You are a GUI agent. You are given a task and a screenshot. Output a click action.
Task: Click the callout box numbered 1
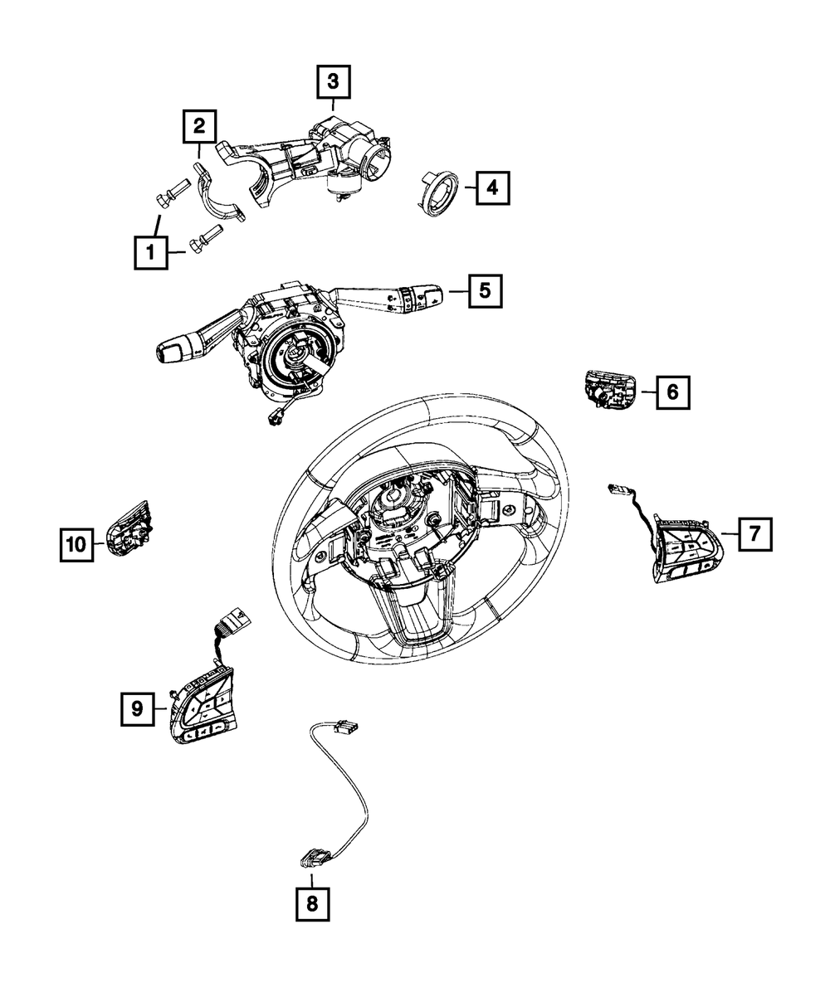pos(151,251)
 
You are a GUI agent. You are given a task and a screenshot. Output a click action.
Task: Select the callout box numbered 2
pos(199,127)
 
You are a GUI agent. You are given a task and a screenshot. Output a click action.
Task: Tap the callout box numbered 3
pos(332,82)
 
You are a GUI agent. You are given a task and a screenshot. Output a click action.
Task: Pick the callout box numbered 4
pos(492,189)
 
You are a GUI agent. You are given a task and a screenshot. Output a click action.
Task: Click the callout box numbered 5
pos(484,291)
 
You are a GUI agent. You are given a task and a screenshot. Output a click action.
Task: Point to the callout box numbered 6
pos(672,392)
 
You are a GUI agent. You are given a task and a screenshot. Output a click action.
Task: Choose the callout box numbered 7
pos(753,535)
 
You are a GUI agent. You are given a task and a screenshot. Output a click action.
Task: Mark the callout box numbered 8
pos(312,904)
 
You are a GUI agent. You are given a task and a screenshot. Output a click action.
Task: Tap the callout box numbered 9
pos(137,708)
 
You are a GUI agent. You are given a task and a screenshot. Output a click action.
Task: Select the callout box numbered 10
pos(76,544)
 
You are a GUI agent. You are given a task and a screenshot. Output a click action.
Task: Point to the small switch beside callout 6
pos(609,389)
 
